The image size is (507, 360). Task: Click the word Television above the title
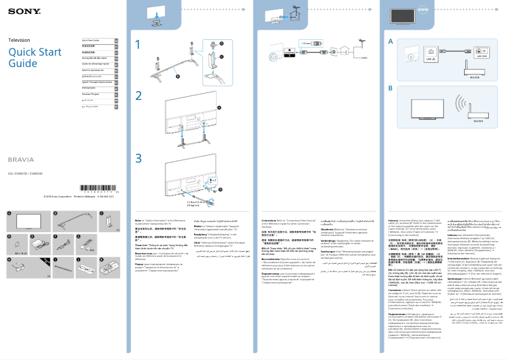pos(19,40)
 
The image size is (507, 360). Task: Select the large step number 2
pos(139,96)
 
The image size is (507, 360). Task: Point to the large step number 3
pos(139,157)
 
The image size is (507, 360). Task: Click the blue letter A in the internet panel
pos(391,40)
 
